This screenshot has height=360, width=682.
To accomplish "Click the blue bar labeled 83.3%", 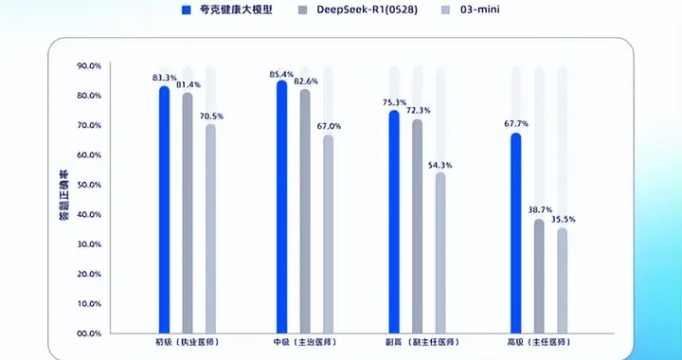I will coord(164,208).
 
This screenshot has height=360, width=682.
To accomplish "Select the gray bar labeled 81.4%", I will coord(188,212).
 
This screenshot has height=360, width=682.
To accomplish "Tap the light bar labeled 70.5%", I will coord(210,228).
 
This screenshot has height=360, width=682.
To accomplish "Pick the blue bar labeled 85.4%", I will coord(281,206).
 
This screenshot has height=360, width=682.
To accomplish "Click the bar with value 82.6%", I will coord(305,210).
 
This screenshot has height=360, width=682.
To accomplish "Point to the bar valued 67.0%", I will coord(328,233).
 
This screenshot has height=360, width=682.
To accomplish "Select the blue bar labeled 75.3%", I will coord(394,221).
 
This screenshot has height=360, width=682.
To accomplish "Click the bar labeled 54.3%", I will coord(440,252).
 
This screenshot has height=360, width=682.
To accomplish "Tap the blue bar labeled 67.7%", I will coord(516,232).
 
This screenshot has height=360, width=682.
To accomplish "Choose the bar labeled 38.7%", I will coord(539,276).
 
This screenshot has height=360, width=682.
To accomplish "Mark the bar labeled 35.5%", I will coord(563,280).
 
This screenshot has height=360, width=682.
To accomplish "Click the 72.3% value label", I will coord(418,111).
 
